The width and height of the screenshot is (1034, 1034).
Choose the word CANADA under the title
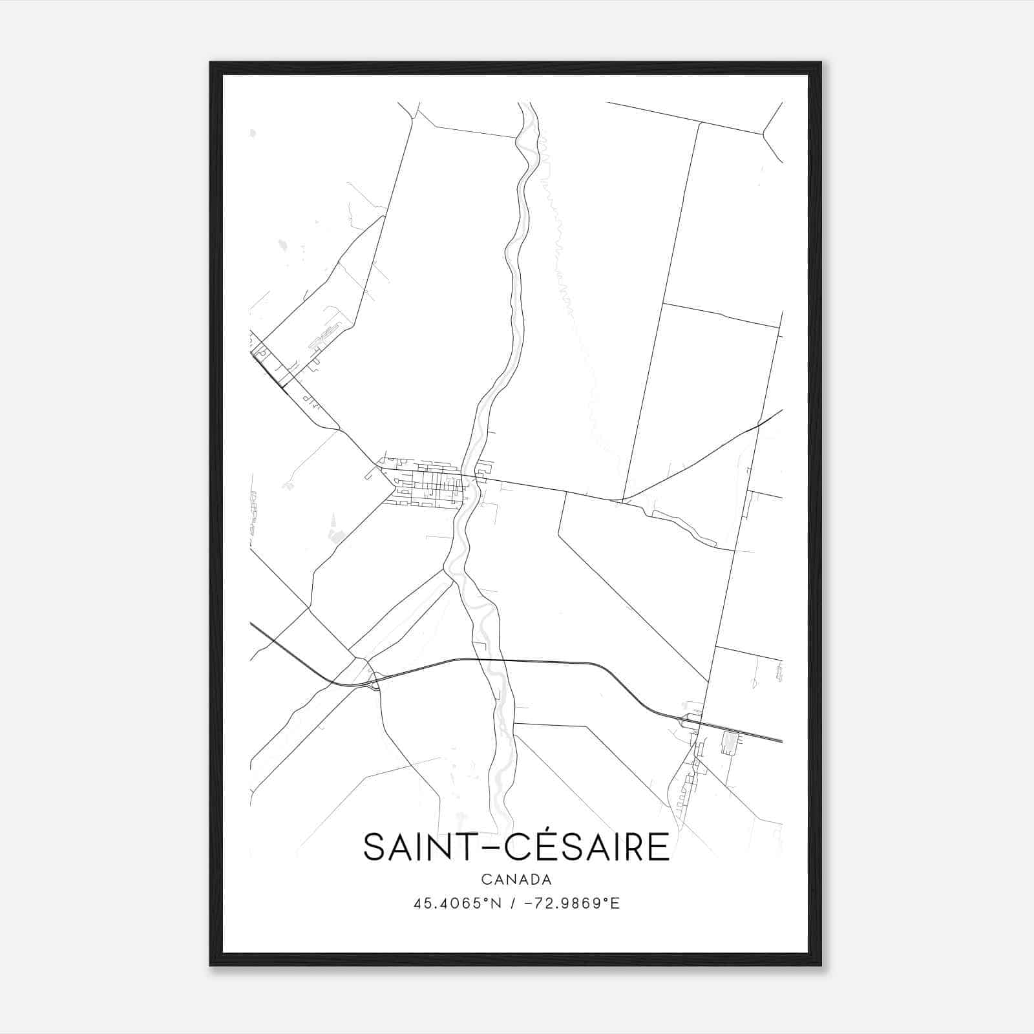click(516, 880)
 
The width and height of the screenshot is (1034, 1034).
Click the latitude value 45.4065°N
click(458, 903)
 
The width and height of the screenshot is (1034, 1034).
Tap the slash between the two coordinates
click(512, 903)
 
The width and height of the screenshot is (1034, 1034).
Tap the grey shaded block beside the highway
click(730, 742)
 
